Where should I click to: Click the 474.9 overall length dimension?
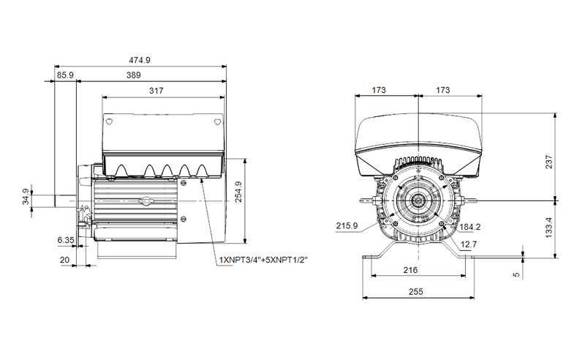[140, 60]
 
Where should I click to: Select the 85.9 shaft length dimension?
[65, 75]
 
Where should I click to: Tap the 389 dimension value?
[134, 75]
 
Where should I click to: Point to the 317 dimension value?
[156, 91]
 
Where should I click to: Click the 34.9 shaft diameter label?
[26, 197]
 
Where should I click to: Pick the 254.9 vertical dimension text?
[238, 192]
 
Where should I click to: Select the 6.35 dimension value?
[66, 240]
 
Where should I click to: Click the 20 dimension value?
[65, 260]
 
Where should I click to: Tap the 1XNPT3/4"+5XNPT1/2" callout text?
[263, 260]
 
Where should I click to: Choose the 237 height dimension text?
[549, 162]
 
